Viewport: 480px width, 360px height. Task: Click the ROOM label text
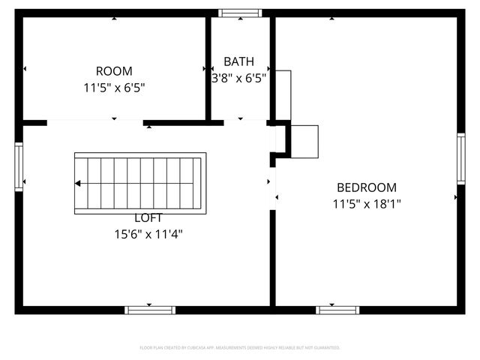pos(114,71)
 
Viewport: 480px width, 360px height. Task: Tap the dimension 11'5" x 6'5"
pos(114,88)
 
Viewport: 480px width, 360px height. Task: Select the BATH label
pos(238,61)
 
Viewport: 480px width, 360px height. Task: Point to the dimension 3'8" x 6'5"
pos(238,76)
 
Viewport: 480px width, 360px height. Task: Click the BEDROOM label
pos(367,187)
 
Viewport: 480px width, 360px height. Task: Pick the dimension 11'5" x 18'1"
pos(367,203)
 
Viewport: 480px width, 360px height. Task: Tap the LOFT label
pos(147,218)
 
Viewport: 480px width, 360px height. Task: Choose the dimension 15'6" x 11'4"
pos(147,234)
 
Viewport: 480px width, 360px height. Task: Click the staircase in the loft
pos(139,183)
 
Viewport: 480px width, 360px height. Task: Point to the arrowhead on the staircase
pos(78,183)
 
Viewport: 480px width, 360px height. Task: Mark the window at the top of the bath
pos(240,13)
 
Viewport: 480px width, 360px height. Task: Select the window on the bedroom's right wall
pos(460,158)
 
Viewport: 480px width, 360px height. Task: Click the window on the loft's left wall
pos(19,167)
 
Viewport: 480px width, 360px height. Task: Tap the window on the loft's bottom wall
pos(150,310)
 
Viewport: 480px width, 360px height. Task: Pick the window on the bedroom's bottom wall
pos(337,310)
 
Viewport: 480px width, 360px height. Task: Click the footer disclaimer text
pos(240,348)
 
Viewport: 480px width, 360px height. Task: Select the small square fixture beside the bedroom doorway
pos(304,141)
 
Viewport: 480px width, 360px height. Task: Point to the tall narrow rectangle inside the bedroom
pos(283,95)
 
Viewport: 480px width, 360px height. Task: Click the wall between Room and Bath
pos(208,67)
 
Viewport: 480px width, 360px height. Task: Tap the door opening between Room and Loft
pos(95,122)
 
